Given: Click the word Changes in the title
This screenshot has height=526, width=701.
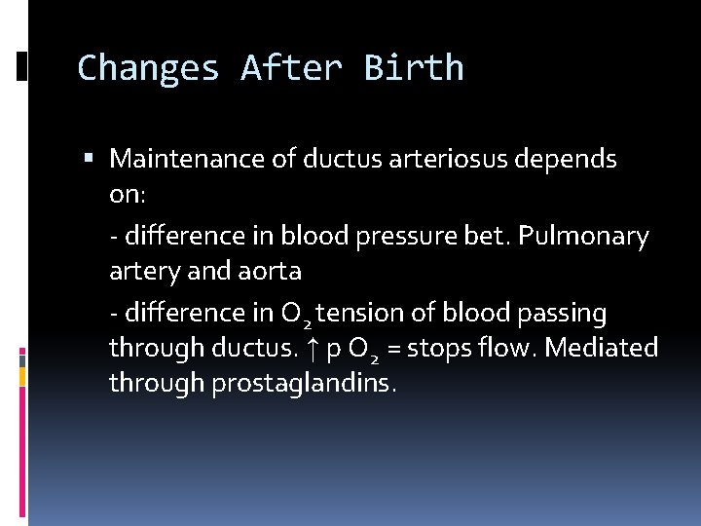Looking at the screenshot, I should tap(148, 68).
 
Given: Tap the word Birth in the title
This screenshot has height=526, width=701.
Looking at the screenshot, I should tap(414, 68).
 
